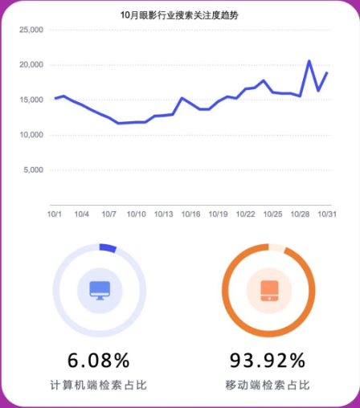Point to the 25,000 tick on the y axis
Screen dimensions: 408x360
(x=31, y=30)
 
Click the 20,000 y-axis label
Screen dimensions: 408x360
(x=31, y=65)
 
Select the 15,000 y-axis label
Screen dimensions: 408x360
(x=31, y=100)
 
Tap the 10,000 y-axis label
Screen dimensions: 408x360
(x=31, y=135)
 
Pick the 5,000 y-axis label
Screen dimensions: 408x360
(x=34, y=170)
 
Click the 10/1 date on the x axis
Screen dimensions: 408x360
(x=55, y=214)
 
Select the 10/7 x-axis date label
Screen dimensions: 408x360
(x=109, y=214)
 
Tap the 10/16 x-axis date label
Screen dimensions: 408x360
(x=191, y=214)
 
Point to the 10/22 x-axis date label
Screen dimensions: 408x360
(x=246, y=214)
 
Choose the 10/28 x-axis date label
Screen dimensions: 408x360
(x=301, y=214)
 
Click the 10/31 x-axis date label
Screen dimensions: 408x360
(x=327, y=214)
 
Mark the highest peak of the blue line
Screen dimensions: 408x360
(x=309, y=61)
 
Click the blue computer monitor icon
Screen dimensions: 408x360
(x=100, y=290)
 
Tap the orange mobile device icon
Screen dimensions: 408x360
(x=269, y=290)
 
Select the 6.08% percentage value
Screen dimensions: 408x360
(x=98, y=359)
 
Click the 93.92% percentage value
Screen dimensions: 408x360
(x=268, y=359)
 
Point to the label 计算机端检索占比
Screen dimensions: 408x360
(x=98, y=386)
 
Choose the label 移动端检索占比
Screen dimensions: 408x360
(x=268, y=386)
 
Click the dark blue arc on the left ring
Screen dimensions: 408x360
(x=108, y=247)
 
